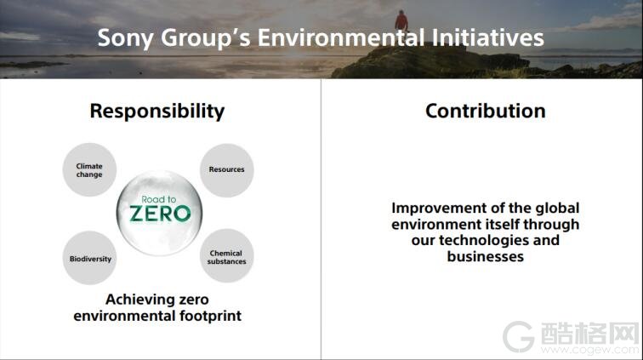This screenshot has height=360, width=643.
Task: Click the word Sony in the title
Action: pos(126,38)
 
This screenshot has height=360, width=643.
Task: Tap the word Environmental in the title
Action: pos(341,37)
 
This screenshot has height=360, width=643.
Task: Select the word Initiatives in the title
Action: pos(488,37)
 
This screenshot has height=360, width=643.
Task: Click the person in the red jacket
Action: pos(401,21)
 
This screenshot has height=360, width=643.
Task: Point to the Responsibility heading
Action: pos(157,111)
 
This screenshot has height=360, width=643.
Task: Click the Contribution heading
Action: pos(486,111)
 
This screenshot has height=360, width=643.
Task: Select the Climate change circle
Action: pos(89,169)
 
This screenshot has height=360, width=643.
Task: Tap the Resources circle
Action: pos(227,170)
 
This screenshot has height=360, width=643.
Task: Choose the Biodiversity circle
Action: pos(90,258)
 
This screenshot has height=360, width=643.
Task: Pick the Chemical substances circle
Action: pos(227,256)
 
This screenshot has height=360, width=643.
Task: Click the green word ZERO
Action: pos(160,214)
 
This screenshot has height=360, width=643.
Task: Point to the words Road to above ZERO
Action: pos(159,199)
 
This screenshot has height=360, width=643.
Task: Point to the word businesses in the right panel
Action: pos(486,256)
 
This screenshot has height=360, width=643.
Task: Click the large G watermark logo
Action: pos(518,337)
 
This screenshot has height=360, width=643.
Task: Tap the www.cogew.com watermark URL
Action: pos(589,350)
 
